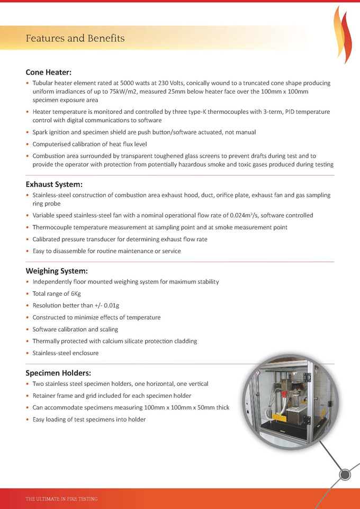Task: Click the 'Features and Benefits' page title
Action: pyautogui.click(x=75, y=38)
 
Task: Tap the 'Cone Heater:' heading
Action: pyautogui.click(x=49, y=72)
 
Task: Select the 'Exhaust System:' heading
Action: pyautogui.click(x=54, y=184)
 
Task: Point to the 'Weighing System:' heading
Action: pyautogui.click(x=57, y=271)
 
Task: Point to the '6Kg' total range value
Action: pyautogui.click(x=76, y=293)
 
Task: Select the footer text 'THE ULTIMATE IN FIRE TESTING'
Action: pyautogui.click(x=61, y=498)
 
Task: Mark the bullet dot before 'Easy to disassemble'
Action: pyautogui.click(x=28, y=251)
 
